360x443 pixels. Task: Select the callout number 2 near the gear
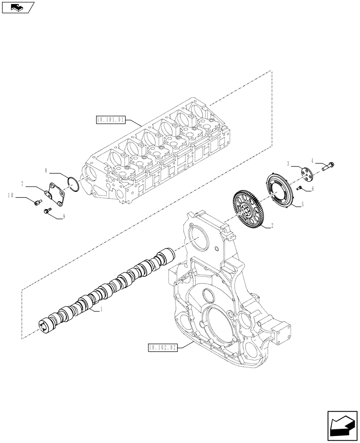[272, 225]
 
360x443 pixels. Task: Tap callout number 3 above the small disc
[288, 163]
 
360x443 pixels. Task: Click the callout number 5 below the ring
[303, 204]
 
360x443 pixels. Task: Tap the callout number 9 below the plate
[64, 217]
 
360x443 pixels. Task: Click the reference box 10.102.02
[161, 348]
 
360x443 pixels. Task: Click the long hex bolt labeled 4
[326, 167]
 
